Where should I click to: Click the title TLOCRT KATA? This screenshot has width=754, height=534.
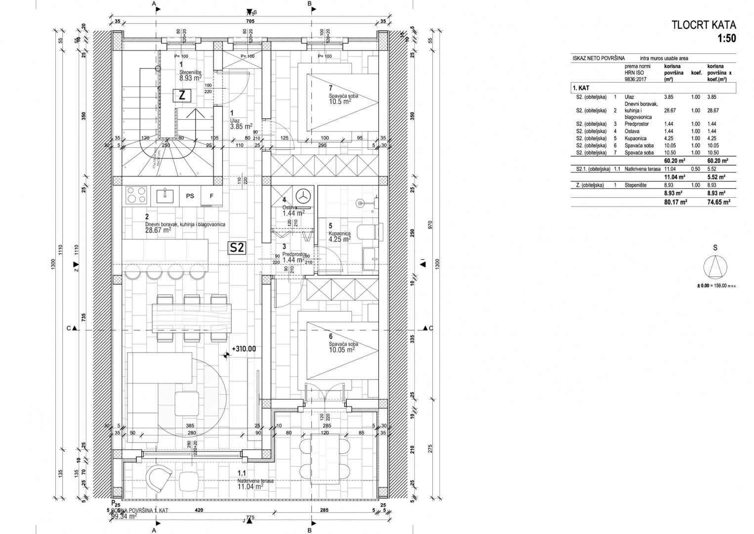tap(704, 25)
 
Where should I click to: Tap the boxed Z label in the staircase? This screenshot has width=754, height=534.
tap(182, 96)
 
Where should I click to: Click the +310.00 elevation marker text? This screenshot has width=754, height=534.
tap(244, 349)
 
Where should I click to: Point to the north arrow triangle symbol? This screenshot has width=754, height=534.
tap(715, 268)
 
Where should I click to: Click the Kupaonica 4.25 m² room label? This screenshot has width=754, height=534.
tap(339, 236)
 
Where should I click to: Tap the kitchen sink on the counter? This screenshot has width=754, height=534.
tap(165, 196)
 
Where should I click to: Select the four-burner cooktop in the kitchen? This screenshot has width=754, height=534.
tap(136, 196)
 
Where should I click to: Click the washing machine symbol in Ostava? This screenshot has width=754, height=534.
tap(305, 195)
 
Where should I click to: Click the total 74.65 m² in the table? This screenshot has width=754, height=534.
tap(718, 202)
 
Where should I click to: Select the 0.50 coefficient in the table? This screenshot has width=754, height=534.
tap(696, 169)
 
